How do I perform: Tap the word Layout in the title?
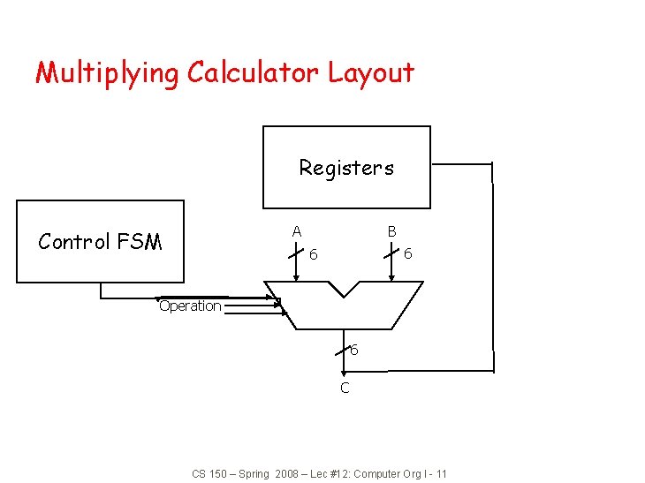(371, 73)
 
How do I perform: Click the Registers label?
(346, 168)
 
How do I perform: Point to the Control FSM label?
(100, 242)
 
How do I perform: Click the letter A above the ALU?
(297, 231)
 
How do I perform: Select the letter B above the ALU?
(391, 231)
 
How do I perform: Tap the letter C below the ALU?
(345, 388)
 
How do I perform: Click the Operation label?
(190, 306)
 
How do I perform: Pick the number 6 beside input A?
(314, 254)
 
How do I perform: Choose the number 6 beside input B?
(407, 254)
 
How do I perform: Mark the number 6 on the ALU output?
(354, 351)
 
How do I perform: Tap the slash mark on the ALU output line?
(343, 351)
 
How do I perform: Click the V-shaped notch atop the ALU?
(344, 289)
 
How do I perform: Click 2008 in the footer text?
(286, 474)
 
